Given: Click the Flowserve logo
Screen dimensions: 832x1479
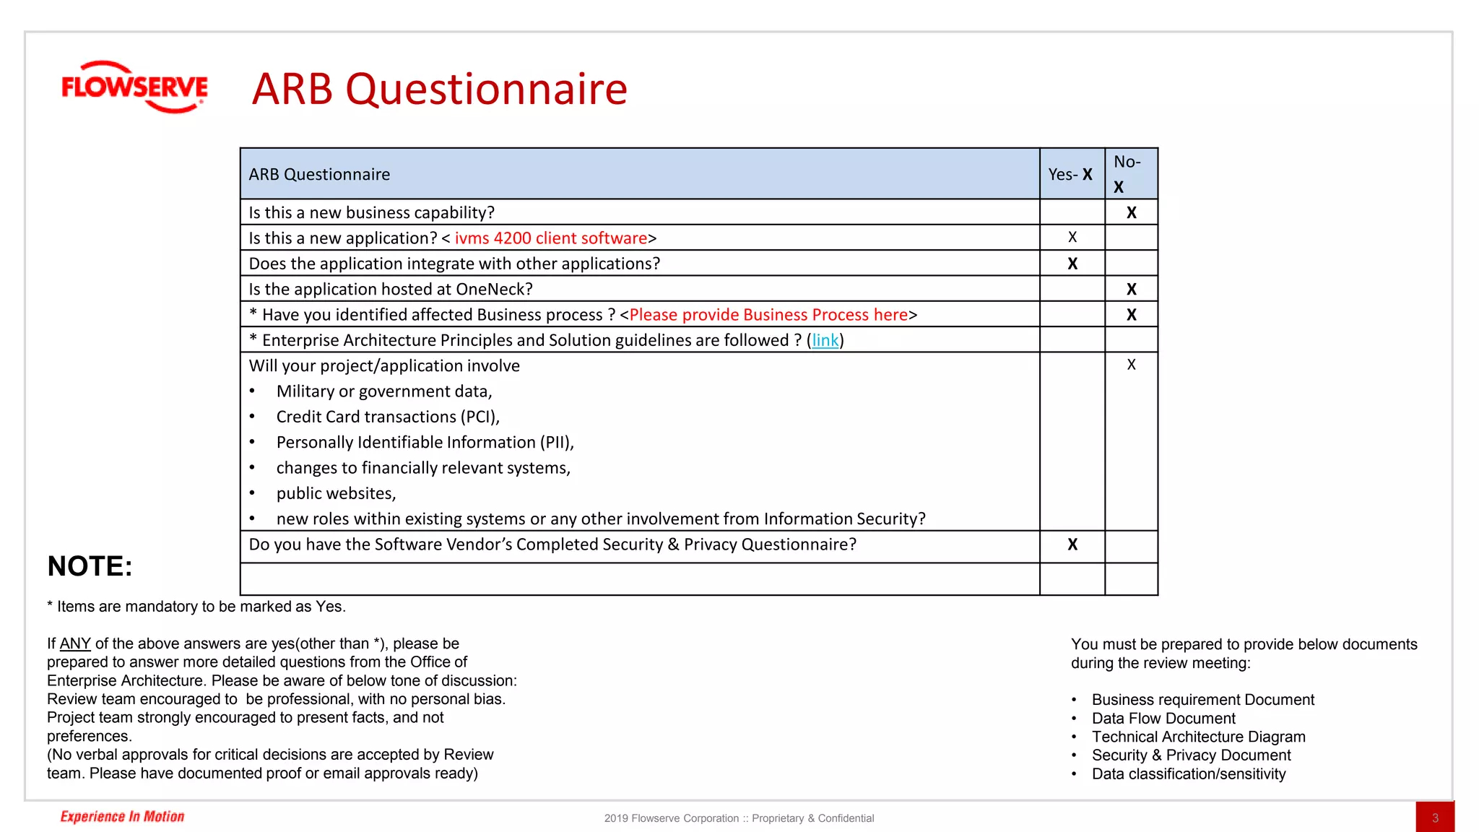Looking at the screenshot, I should tap(134, 87).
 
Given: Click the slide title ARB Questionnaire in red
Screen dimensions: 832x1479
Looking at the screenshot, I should tap(439, 90).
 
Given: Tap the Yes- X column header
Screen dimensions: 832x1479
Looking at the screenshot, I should tap(1070, 175).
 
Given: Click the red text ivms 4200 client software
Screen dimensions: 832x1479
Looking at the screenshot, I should tap(550, 238).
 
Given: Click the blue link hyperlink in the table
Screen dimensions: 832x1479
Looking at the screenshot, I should tap(825, 340).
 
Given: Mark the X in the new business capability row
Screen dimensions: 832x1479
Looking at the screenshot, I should tap(1132, 213).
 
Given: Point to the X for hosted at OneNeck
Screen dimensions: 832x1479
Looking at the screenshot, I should tap(1132, 290).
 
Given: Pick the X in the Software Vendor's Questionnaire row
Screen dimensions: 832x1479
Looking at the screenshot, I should tap(1072, 545).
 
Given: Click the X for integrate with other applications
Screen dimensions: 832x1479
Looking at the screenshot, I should tap(1072, 264).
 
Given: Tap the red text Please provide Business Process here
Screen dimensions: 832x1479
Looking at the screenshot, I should tap(768, 315).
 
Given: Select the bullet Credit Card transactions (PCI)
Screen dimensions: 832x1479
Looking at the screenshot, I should tap(388, 417).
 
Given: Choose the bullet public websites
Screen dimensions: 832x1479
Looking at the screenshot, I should tap(336, 493).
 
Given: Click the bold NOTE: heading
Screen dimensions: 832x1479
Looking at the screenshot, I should tap(90, 566).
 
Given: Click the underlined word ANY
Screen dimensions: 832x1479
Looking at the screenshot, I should tap(75, 643).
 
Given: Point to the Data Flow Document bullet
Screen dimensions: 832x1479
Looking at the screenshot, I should tap(1163, 719).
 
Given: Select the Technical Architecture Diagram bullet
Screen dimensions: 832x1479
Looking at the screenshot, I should tap(1198, 737).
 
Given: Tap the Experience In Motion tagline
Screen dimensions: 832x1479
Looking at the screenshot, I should tap(122, 817).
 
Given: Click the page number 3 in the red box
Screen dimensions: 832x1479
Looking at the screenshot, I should tap(1435, 818).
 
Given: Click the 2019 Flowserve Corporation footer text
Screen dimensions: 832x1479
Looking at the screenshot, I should tap(739, 818).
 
